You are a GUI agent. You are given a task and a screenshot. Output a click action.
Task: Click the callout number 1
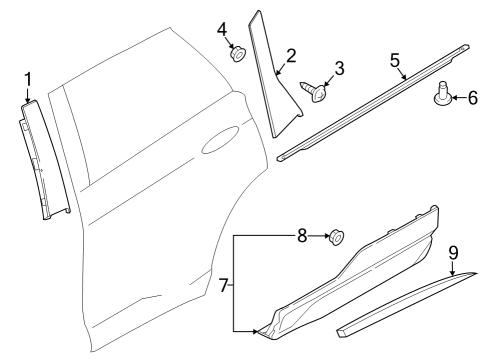point(28,77)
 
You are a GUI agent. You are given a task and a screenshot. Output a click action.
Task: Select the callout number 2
point(290,56)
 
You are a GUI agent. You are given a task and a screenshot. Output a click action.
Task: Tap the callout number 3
point(339,68)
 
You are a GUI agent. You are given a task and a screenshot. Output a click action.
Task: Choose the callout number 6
point(474,97)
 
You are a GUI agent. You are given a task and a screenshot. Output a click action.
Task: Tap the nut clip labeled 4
point(238,55)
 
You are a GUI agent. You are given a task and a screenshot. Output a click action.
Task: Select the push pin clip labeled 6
point(441,97)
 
